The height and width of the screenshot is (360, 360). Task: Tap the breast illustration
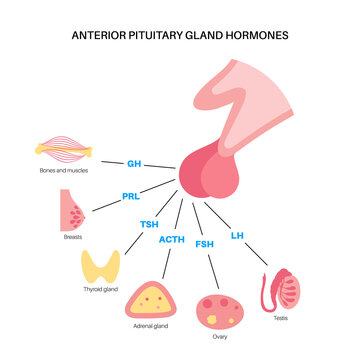click(74, 211)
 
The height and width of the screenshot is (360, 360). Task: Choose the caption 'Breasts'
click(72, 238)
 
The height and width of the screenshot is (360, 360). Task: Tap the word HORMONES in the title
click(258, 34)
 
